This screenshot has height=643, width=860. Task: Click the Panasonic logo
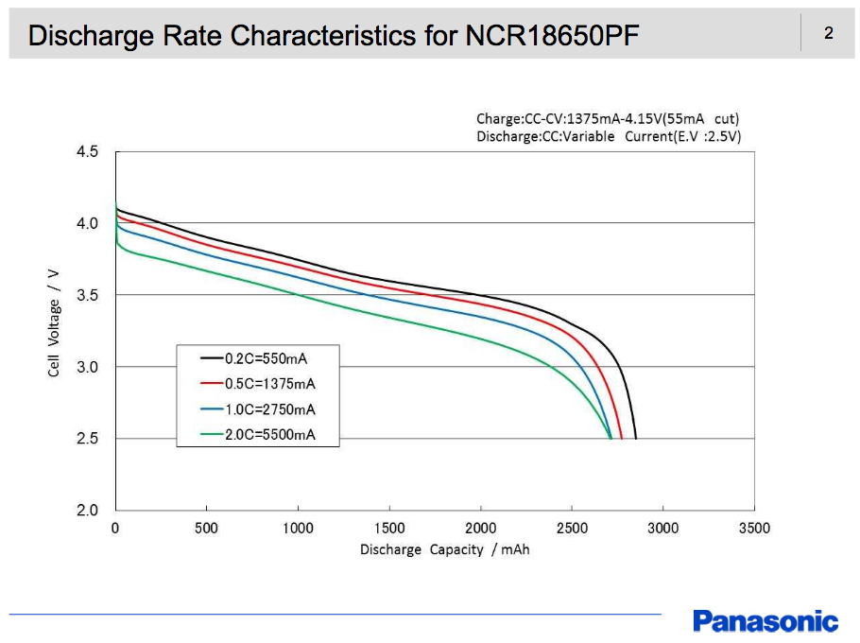coord(765,621)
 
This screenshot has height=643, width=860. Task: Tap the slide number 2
coord(828,34)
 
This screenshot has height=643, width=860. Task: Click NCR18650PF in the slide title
coord(552,36)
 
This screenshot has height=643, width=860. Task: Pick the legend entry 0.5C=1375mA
coord(269,384)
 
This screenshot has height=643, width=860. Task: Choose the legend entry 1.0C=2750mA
coord(269,409)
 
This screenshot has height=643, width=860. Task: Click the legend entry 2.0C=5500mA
coord(269,435)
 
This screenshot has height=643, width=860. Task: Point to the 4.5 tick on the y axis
coord(87,151)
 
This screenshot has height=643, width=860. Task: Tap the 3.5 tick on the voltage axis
coord(87,295)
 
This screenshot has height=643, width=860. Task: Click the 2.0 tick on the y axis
coord(87,511)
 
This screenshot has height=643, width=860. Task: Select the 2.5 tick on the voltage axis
coord(87,439)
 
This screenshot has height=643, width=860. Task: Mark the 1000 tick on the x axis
coord(298,529)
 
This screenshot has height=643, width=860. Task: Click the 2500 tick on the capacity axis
coord(572,529)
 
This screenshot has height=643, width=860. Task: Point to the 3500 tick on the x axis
coord(754,529)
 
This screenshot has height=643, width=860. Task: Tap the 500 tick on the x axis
coord(206,529)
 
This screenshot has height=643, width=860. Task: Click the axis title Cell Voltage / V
coord(54,322)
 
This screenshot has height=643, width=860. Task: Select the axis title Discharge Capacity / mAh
coord(444,549)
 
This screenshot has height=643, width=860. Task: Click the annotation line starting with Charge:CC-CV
coord(608,119)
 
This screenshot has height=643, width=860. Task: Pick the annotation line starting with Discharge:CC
coord(609,136)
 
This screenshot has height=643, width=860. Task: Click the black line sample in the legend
coord(211,358)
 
